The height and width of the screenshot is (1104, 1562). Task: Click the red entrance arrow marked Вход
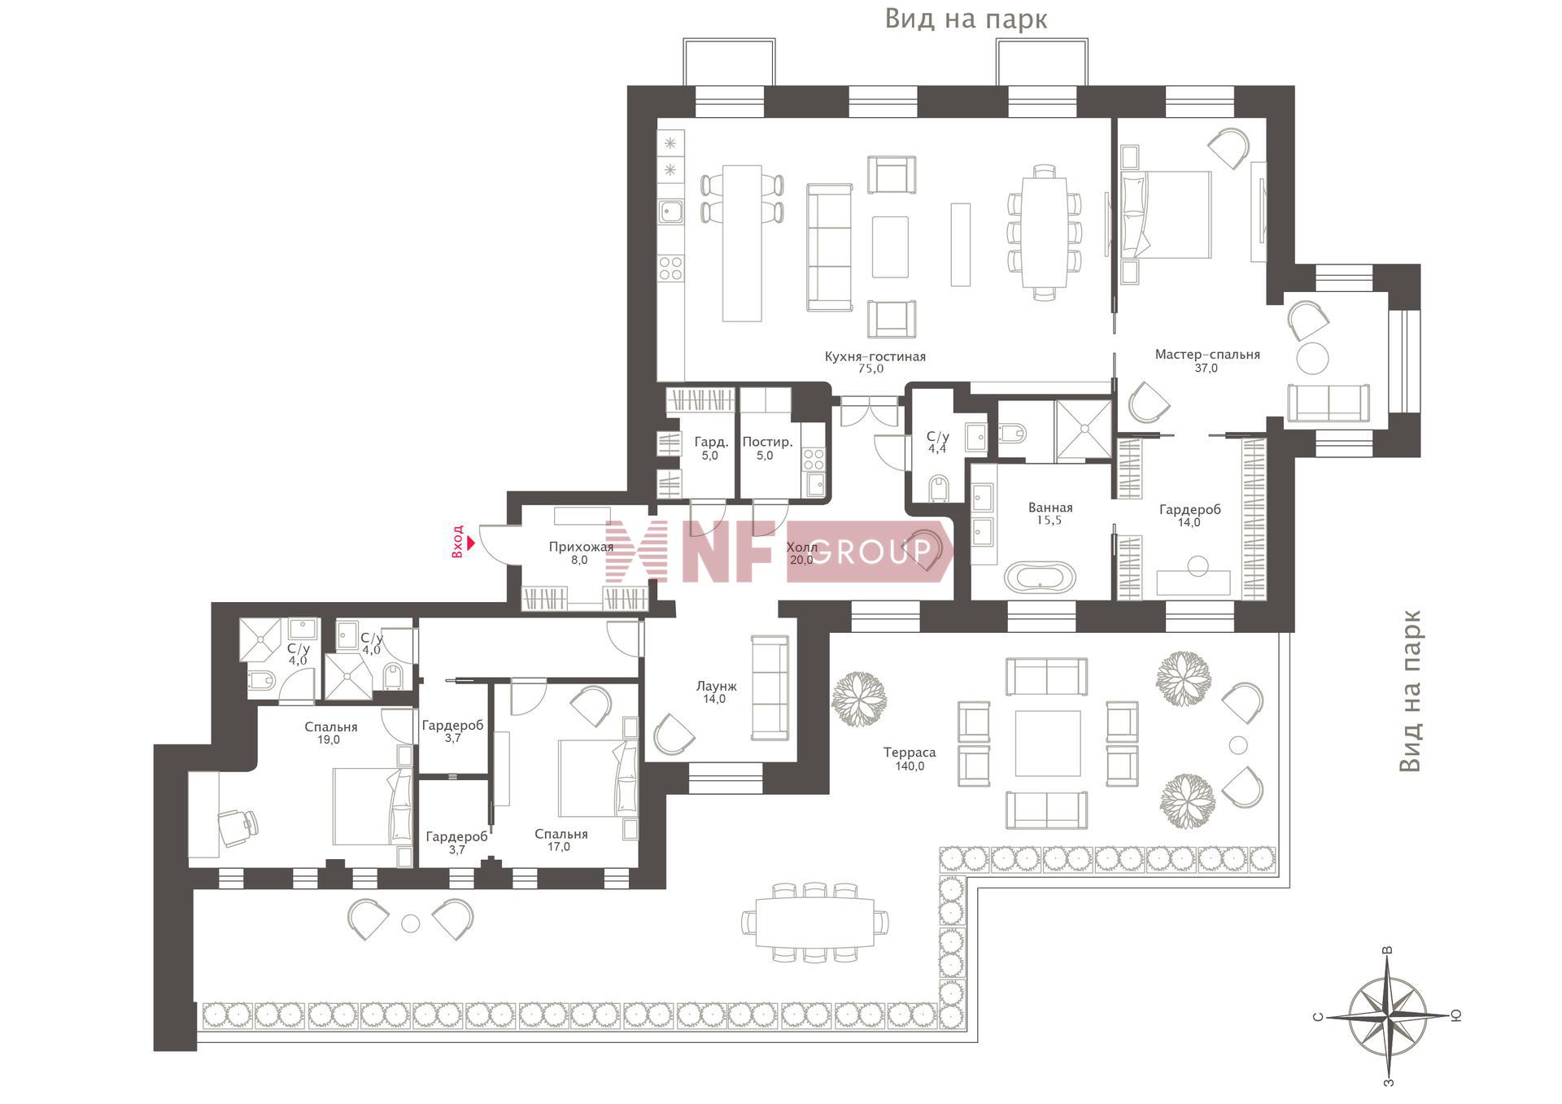pos(471,543)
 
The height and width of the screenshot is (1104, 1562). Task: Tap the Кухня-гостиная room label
pos(875,356)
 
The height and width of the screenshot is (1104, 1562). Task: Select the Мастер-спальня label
pos(1207,355)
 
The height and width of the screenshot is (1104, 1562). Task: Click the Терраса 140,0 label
pos(910,759)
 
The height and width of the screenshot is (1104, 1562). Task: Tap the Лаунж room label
pos(716,687)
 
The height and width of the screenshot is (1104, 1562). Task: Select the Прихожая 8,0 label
pos(580,553)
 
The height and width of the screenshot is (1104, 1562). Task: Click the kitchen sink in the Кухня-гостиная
pos(670,212)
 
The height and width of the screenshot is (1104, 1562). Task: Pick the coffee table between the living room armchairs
pos(890,247)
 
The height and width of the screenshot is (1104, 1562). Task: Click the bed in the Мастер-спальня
pos(1166,214)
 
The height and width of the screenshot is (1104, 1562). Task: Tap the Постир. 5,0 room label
pos(766,448)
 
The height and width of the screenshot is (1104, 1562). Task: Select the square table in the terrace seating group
pos(1047,744)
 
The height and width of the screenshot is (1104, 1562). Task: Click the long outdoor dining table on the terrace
pos(814,923)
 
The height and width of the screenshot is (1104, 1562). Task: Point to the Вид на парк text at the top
pos(966,19)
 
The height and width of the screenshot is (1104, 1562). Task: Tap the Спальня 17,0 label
pos(561,840)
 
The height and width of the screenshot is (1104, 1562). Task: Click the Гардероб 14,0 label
pos(1189,516)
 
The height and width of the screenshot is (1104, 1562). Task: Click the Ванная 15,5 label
pos(1049,514)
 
